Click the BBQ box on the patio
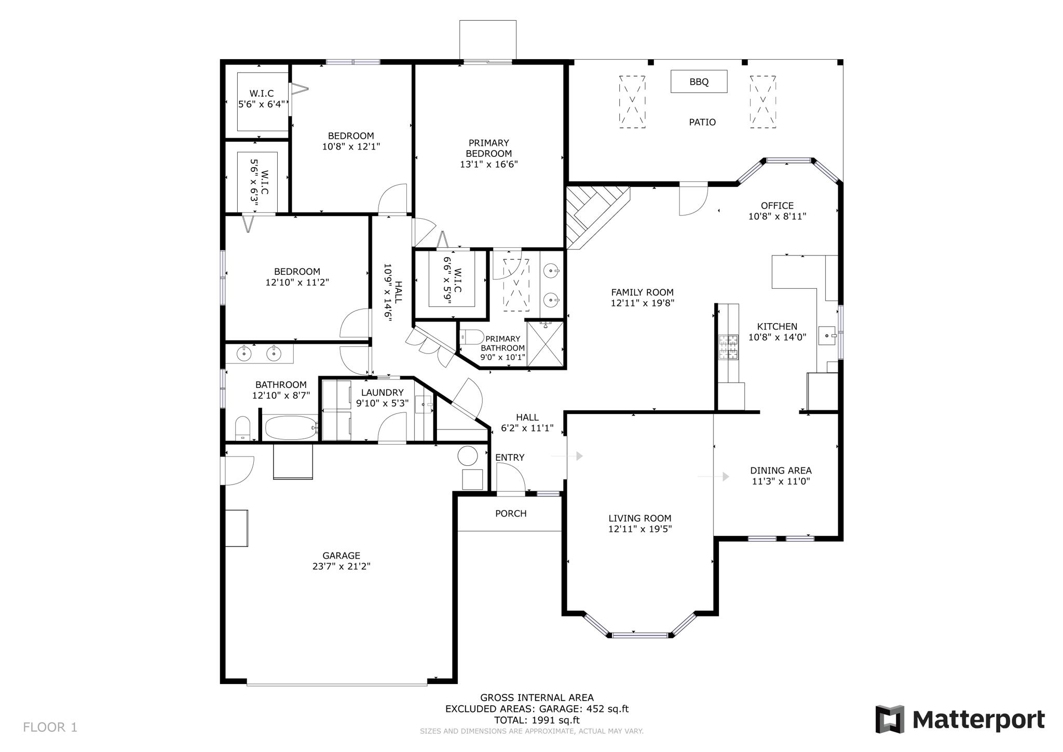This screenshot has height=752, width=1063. (699, 82)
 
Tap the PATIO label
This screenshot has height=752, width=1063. (702, 122)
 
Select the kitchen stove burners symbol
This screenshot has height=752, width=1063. (728, 347)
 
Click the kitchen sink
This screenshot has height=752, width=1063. (827, 335)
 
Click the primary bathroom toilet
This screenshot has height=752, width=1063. (472, 337)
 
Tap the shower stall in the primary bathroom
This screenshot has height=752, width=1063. (545, 344)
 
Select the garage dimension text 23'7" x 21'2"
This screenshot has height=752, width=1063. (341, 567)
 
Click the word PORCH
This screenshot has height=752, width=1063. (511, 514)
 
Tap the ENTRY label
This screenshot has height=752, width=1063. (510, 458)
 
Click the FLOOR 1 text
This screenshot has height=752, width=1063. (50, 727)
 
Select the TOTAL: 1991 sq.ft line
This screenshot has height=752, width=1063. (537, 720)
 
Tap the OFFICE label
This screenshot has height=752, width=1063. (777, 206)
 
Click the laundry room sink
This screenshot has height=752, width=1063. (424, 404)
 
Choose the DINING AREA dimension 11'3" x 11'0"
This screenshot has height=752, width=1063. (781, 481)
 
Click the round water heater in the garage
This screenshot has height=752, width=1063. (467, 455)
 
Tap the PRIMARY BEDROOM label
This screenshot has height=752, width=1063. (488, 148)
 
